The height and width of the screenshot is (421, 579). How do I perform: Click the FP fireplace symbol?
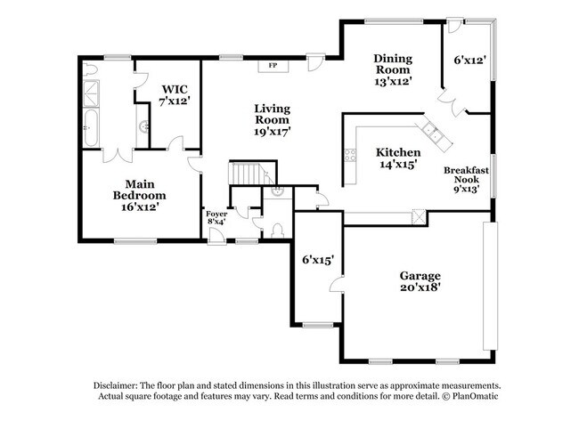pyautogui.click(x=273, y=65)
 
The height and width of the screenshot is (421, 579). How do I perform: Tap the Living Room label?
pyautogui.click(x=273, y=114)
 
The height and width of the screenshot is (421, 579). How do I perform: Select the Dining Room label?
pyautogui.click(x=392, y=64)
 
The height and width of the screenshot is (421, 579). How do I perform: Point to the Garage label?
pyautogui.click(x=421, y=275)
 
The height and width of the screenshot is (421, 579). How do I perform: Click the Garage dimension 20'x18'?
pyautogui.click(x=421, y=287)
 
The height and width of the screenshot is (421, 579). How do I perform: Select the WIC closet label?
pyautogui.click(x=174, y=89)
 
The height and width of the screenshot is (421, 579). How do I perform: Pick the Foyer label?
pyautogui.click(x=216, y=215)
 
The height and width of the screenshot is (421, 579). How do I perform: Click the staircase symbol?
pyautogui.click(x=247, y=172)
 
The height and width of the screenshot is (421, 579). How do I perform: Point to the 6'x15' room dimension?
pyautogui.click(x=318, y=260)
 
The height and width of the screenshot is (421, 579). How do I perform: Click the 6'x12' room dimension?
pyautogui.click(x=469, y=61)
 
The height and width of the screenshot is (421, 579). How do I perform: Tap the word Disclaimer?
pyautogui.click(x=118, y=385)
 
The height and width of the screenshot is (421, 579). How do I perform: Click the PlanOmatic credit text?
pyautogui.click(x=461, y=397)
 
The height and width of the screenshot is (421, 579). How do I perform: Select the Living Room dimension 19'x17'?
pyautogui.click(x=273, y=131)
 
